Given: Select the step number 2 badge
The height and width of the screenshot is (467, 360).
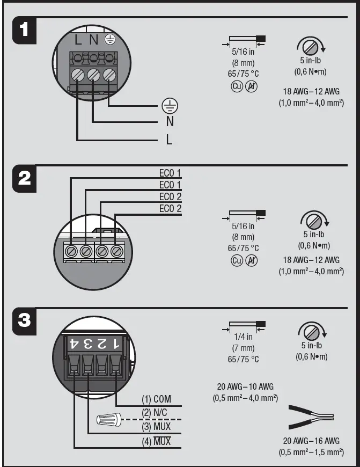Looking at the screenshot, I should coord(25,178).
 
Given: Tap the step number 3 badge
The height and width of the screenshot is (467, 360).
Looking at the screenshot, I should coord(25,321).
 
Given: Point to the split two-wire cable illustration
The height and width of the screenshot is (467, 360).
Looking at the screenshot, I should coord(311,416).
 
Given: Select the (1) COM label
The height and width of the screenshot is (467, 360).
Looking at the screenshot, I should coord(157,399).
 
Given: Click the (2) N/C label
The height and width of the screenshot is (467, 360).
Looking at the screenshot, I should coord(157,413).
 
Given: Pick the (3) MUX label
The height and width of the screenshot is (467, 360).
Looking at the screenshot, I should coord(157,427).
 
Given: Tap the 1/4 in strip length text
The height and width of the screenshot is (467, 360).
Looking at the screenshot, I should coord(243,337).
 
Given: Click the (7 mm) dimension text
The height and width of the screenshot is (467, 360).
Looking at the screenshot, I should coord(243,348).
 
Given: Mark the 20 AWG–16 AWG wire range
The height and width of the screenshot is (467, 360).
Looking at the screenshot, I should coord(311,441).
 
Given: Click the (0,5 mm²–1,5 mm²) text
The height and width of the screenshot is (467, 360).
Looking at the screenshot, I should coord(311,453).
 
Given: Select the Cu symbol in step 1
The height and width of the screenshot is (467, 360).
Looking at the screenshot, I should coord(237,86).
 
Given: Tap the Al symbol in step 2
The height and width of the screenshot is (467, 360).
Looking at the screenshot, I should coord(251,261).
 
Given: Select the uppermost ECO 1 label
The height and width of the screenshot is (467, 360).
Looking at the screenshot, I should coord(170,173).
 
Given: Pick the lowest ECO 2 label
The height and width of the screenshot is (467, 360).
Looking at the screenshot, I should coord(170,209).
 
